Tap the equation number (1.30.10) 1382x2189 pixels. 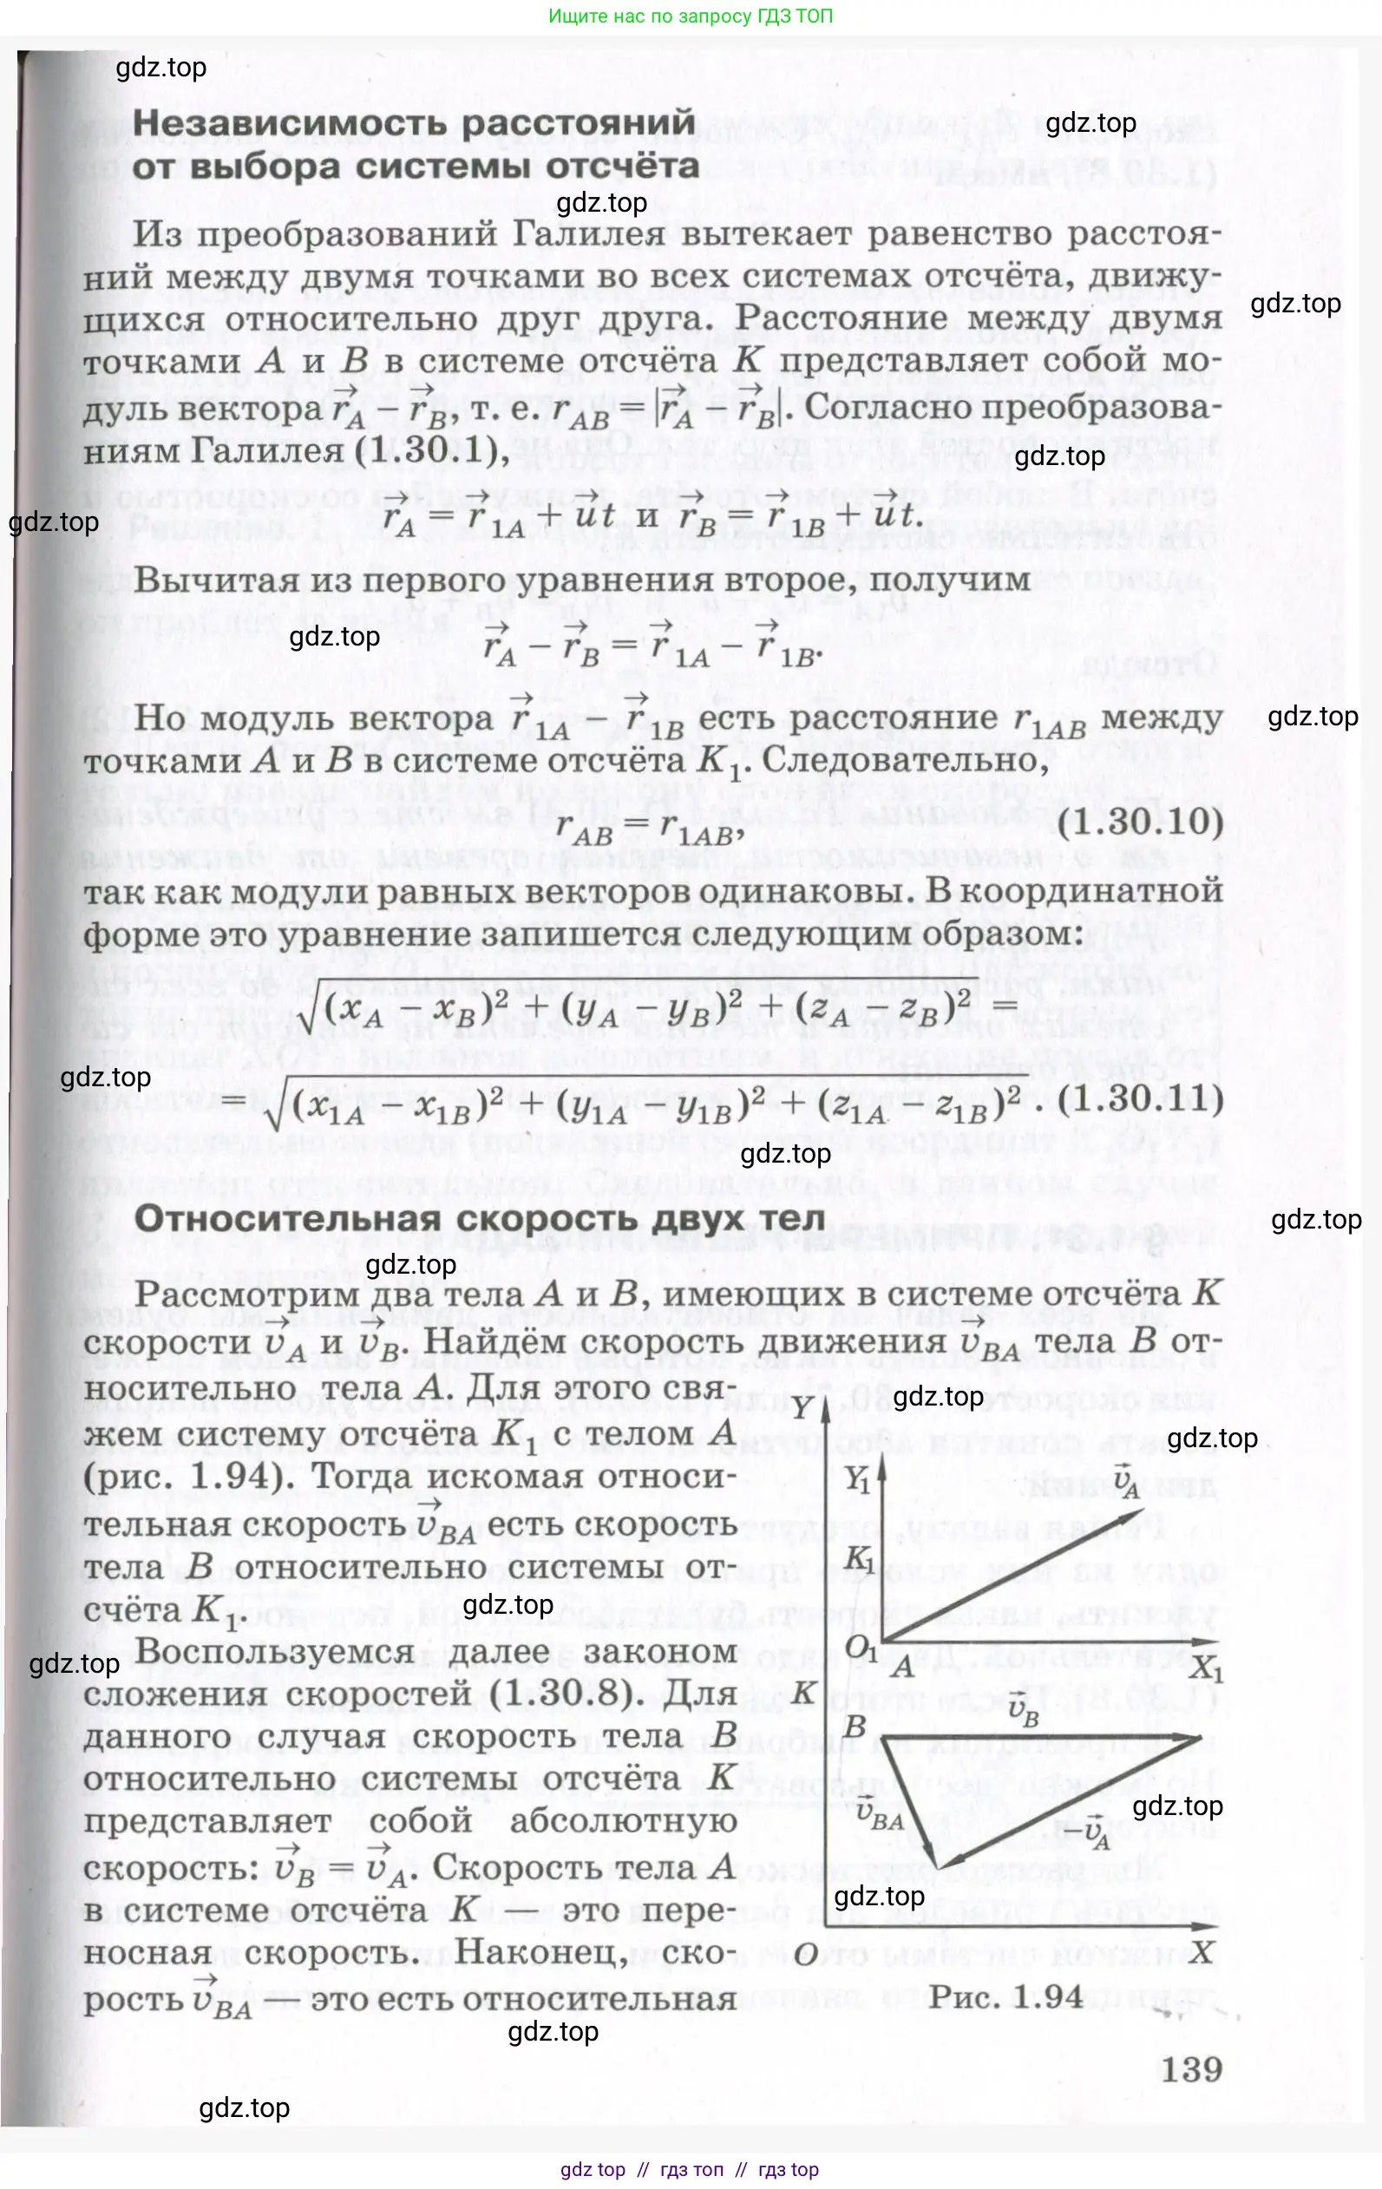1141,822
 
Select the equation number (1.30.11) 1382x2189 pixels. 1141,1099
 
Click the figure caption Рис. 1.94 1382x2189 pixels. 1006,1996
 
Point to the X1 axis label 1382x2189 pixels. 1206,1670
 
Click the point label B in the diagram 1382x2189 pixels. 855,1727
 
